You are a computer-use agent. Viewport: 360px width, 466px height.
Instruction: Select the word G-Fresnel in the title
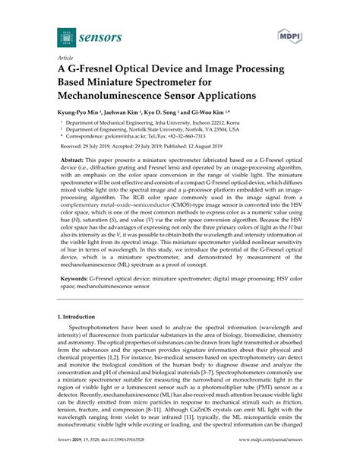point(103,68)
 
